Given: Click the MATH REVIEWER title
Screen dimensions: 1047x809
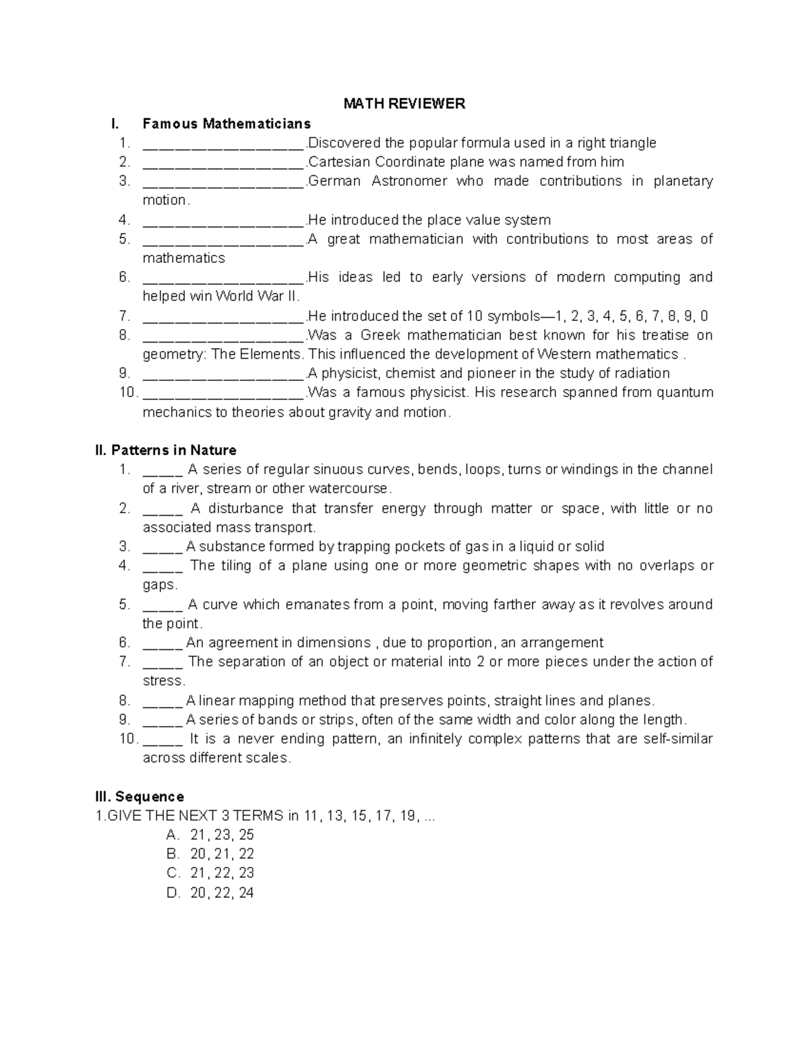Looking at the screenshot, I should pos(404,104).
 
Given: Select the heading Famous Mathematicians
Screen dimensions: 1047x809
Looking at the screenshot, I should pos(227,123).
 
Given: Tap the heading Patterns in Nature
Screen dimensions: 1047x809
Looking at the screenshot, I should pos(166,450).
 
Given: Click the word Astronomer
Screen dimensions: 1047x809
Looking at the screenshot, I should pos(400,181).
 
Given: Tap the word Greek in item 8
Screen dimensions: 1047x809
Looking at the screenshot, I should pos(380,335).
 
